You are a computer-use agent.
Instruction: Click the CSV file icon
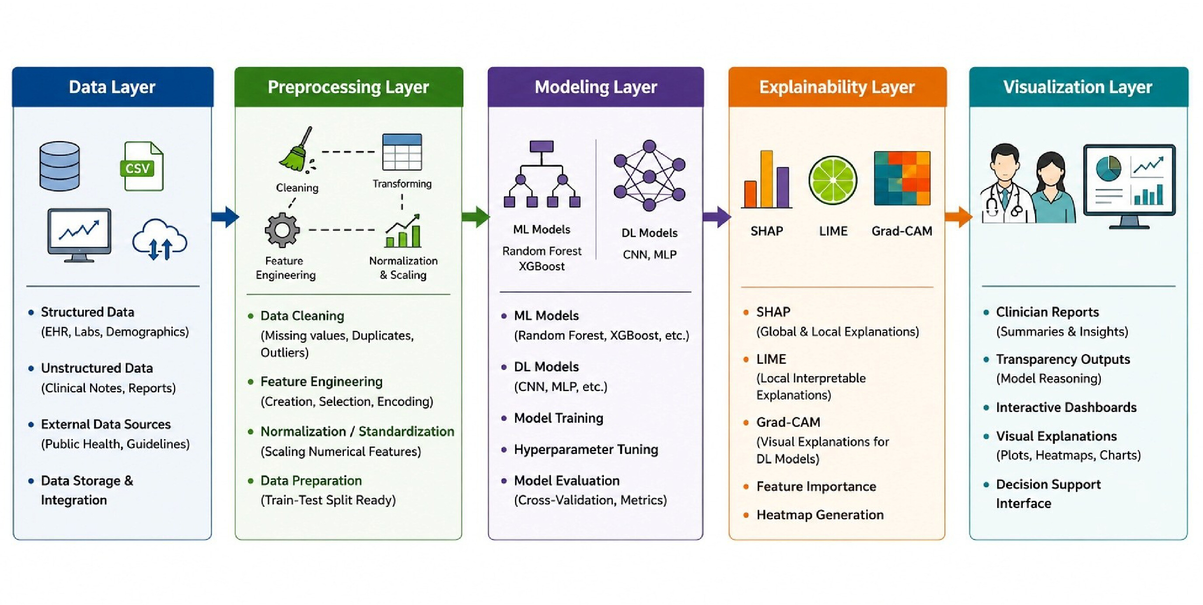tap(142, 166)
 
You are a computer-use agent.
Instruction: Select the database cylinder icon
tap(59, 166)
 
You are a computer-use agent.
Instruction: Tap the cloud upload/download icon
tap(160, 239)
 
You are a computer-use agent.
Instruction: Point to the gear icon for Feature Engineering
tap(282, 229)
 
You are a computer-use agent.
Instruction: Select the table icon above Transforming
tap(402, 152)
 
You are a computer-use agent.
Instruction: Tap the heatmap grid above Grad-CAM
tap(902, 178)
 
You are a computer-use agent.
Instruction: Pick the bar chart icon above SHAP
tap(766, 179)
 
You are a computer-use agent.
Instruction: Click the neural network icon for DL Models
tap(649, 176)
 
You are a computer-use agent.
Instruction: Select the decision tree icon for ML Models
tap(542, 174)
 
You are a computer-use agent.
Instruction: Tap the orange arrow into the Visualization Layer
tap(958, 217)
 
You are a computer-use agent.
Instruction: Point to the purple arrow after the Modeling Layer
tap(717, 217)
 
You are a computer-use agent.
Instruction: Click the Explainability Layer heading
tap(837, 87)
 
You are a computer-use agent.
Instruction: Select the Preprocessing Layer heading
tap(348, 87)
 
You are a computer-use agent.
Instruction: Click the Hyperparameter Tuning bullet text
tap(586, 449)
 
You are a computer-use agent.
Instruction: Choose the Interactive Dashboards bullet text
tap(1066, 407)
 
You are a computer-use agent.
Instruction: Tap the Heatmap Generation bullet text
tap(820, 515)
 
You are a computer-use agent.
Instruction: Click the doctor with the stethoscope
tap(1004, 184)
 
